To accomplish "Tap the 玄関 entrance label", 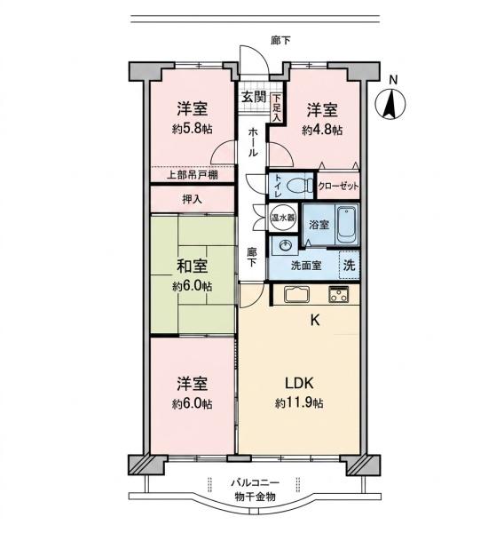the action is pyautogui.click(x=254, y=97).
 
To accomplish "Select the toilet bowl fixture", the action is pyautogui.click(x=299, y=186).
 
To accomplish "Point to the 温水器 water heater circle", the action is pyautogui.click(x=282, y=218).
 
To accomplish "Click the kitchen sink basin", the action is pyautogui.click(x=297, y=294).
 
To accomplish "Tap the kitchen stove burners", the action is pyautogui.click(x=338, y=294).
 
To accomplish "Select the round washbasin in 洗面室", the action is pyautogui.click(x=285, y=246).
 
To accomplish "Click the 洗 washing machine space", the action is pyautogui.click(x=349, y=265).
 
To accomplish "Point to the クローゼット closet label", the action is pyautogui.click(x=338, y=186).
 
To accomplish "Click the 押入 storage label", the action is pyautogui.click(x=193, y=199).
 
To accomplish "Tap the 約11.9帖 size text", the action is pyautogui.click(x=299, y=403).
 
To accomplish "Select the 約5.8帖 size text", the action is pyautogui.click(x=193, y=129).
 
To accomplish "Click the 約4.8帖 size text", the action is pyautogui.click(x=322, y=130).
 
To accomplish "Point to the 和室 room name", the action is pyautogui.click(x=193, y=266).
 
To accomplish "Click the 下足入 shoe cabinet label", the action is pyautogui.click(x=277, y=108).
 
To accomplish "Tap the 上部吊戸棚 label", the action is pyautogui.click(x=193, y=175).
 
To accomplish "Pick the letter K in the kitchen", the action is pyautogui.click(x=315, y=320).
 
